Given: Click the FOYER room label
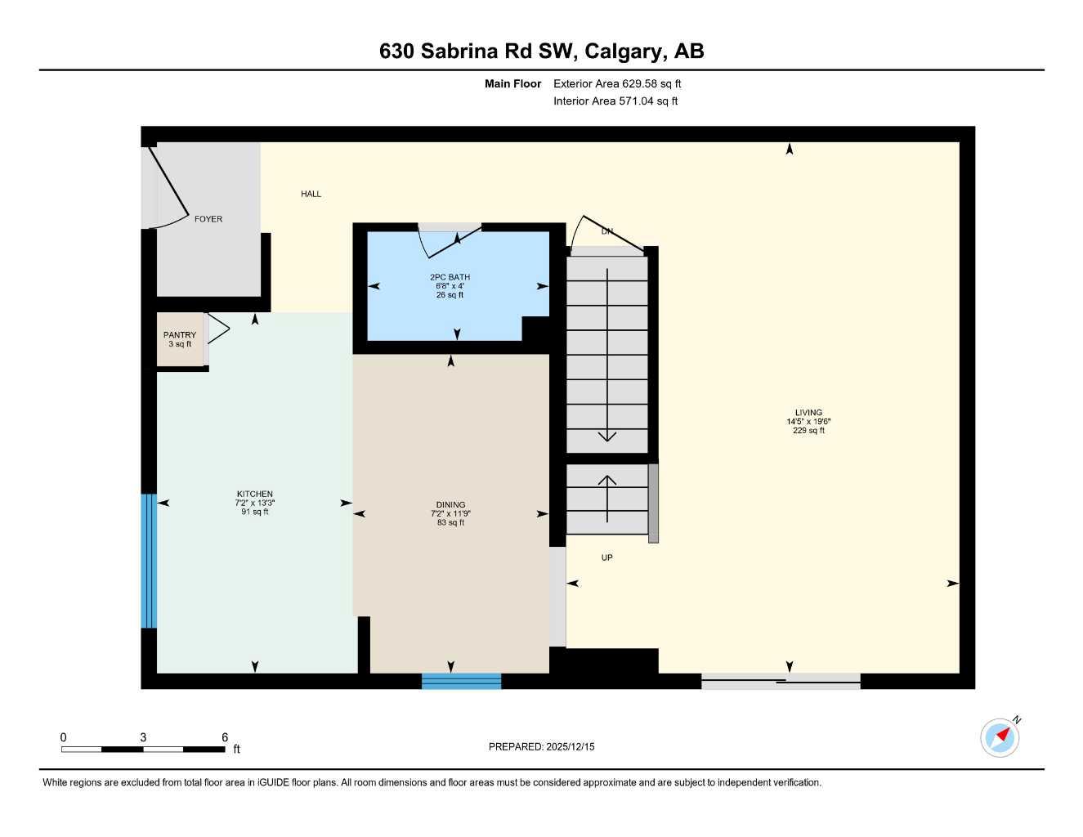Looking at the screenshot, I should [x=208, y=219].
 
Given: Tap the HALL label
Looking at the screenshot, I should [x=311, y=194].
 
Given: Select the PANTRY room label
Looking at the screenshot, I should [x=180, y=335].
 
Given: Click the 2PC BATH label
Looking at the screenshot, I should [x=450, y=277].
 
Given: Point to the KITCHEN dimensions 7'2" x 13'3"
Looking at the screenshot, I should [x=255, y=503].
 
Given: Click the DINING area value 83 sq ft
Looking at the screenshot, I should [x=450, y=522].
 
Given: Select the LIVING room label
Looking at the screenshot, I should [x=808, y=413].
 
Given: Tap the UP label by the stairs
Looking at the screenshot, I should [x=606, y=557].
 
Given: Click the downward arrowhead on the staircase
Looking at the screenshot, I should [x=606, y=436].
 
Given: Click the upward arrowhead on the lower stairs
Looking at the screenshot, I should [x=606, y=480].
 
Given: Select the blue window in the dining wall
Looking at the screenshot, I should [x=461, y=681].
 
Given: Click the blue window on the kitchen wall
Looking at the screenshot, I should [x=148, y=561].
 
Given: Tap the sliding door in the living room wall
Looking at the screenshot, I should [x=781, y=681].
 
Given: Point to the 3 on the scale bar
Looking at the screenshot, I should [x=143, y=737].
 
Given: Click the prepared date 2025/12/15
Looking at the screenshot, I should [x=571, y=746].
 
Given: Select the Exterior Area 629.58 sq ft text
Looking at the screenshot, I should [x=617, y=83].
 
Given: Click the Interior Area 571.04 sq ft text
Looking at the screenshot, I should [x=615, y=101].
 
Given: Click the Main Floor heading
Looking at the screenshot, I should [x=512, y=83].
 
